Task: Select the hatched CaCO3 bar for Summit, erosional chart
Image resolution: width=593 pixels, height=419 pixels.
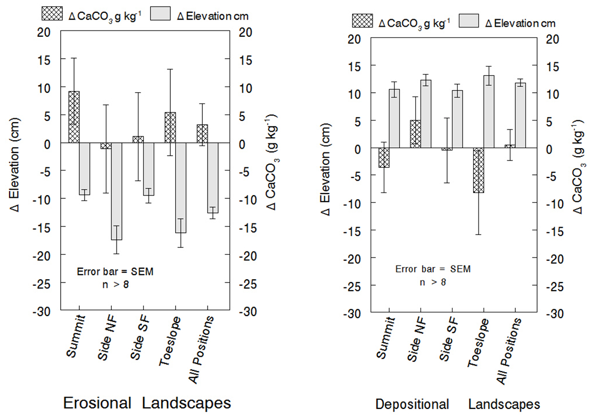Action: (74, 117)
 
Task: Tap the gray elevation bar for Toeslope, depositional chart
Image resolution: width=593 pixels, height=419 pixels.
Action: (489, 111)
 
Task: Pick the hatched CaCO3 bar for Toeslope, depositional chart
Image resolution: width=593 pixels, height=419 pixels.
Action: (478, 170)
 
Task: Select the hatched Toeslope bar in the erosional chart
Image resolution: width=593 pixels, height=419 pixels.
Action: (170, 127)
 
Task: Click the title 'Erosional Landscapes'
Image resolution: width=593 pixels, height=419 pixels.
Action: (147, 402)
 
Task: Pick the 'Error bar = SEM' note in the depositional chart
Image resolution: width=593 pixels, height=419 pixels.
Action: (433, 269)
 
